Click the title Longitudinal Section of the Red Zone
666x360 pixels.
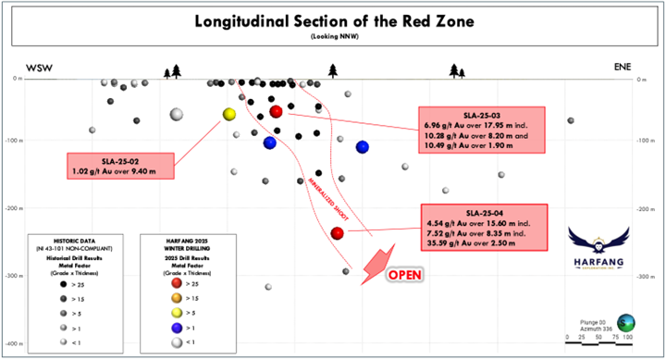point(332,20)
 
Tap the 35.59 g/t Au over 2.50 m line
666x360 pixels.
point(480,244)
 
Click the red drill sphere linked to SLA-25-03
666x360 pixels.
point(276,112)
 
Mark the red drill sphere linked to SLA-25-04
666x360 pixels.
point(338,233)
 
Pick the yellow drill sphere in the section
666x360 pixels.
point(229,114)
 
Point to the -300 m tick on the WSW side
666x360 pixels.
point(14,277)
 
